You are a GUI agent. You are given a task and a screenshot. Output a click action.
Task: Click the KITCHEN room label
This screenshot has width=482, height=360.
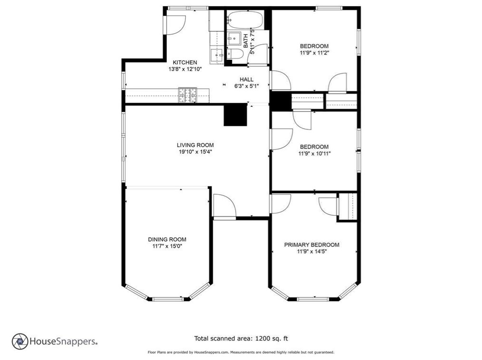click(185, 62)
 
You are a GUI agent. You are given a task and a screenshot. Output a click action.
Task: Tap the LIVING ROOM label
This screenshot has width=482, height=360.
click(195, 145)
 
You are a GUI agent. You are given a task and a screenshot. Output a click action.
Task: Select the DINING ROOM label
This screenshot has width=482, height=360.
click(167, 239)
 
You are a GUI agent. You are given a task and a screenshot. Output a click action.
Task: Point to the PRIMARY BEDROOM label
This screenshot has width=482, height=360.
click(312, 245)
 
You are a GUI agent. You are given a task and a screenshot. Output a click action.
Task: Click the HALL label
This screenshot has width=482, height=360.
click(247, 80)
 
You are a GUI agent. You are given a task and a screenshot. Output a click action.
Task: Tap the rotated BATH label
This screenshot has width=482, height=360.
click(246, 41)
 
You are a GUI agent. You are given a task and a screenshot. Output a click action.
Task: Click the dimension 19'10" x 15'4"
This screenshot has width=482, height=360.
click(195, 152)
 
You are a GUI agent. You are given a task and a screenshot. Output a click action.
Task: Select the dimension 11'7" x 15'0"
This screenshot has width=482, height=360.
click(167, 246)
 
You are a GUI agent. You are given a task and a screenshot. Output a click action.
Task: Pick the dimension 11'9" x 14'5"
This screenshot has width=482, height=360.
click(312, 252)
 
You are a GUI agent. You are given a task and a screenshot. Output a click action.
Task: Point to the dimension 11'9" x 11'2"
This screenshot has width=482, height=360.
click(315, 53)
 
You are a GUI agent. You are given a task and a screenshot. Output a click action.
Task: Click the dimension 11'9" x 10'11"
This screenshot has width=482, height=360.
click(315, 153)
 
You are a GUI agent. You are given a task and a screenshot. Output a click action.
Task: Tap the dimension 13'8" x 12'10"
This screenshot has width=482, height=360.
click(185, 69)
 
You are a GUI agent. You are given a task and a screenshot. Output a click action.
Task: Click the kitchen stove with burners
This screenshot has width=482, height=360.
click(187, 95)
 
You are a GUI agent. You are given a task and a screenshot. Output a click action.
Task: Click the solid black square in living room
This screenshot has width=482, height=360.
click(235, 115)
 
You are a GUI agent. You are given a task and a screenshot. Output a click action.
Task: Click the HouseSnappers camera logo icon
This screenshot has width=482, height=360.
click(20, 341)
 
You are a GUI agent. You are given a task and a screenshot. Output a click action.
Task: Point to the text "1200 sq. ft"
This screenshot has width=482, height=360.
click(271, 339)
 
